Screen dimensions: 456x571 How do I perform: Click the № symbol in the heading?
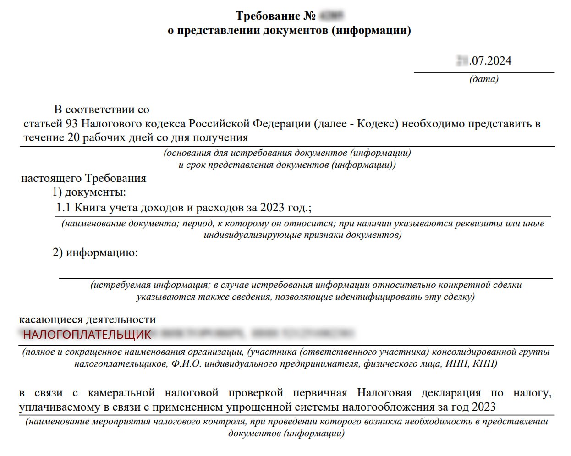[310, 16]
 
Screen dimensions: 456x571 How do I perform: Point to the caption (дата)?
[483, 79]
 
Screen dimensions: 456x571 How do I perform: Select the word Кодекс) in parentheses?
[377, 124]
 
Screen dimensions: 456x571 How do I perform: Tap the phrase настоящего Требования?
[83, 178]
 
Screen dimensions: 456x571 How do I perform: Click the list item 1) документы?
[89, 192]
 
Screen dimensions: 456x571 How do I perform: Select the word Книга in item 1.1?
[90, 208]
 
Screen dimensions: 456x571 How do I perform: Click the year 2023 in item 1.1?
[272, 208]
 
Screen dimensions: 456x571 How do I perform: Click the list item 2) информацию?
[95, 253]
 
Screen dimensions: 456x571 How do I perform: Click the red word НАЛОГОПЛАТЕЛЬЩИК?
[87, 335]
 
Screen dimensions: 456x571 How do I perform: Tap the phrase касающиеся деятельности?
[87, 319]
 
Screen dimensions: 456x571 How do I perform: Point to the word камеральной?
[121, 393]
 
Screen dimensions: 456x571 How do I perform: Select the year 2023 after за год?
[483, 407]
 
